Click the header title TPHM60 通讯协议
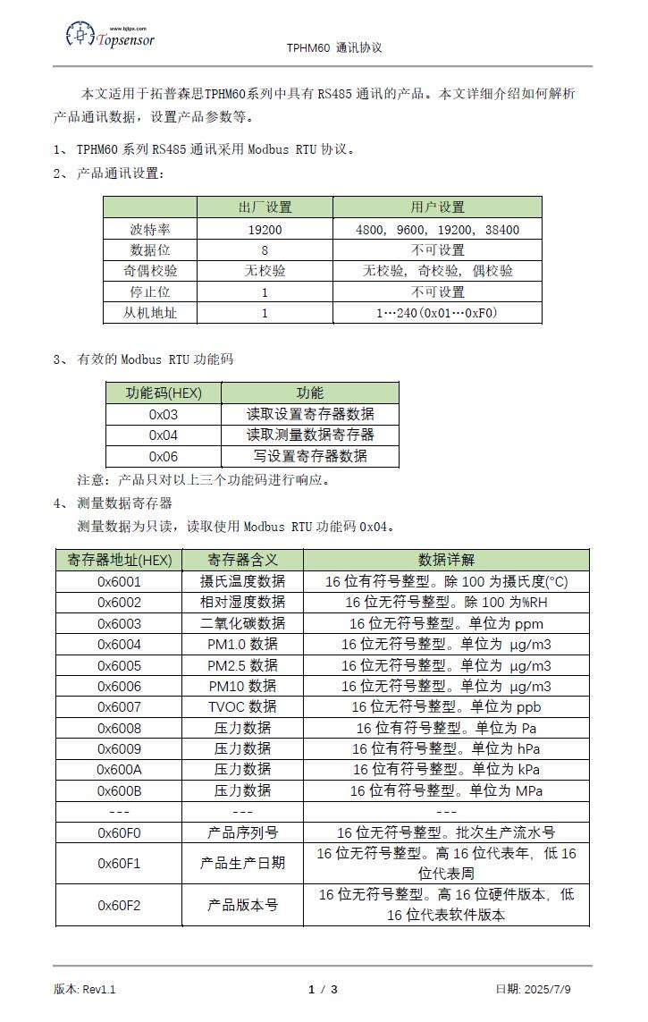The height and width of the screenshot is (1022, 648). (334, 47)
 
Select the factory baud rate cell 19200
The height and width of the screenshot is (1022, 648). (265, 230)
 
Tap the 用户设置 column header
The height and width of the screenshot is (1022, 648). (438, 207)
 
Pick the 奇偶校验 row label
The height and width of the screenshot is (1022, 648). (150, 271)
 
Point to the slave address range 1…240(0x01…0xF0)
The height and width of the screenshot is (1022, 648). (438, 313)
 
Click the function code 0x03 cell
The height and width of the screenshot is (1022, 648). (164, 414)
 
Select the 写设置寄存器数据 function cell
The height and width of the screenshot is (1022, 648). (309, 456)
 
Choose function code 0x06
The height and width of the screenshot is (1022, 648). (164, 456)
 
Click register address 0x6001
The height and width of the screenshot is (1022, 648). (119, 581)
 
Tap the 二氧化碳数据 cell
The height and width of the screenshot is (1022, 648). (242, 623)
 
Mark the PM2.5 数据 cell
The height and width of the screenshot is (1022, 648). (242, 665)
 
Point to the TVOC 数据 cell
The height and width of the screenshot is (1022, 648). (242, 707)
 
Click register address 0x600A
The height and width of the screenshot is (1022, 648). (119, 770)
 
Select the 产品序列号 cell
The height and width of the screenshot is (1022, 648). (242, 832)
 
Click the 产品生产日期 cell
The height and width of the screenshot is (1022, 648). (242, 863)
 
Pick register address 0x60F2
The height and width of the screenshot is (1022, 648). (119, 905)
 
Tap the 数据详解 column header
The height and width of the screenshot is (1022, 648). (446, 560)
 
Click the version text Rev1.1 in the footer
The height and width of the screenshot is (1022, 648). (99, 989)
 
